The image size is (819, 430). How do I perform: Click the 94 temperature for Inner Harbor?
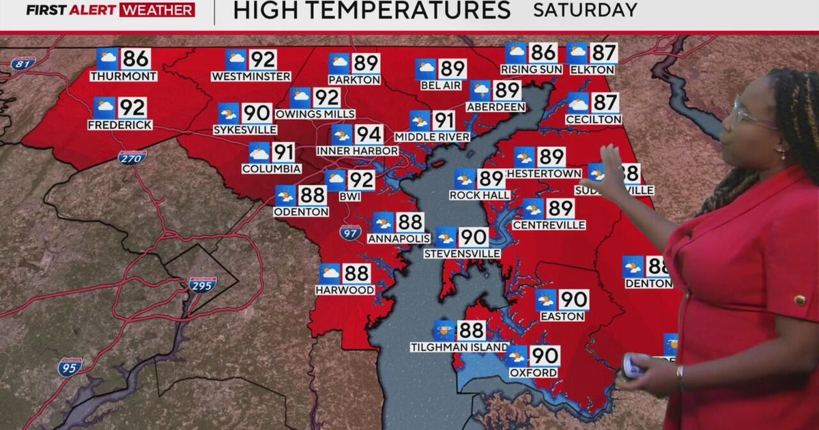(368, 134)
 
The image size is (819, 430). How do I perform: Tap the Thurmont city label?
(123, 76)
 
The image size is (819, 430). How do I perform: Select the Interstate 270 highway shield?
(132, 158)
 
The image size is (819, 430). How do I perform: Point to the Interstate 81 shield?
(23, 63)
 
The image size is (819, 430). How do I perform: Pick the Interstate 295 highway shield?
(203, 284)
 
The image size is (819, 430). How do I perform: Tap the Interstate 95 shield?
(70, 367)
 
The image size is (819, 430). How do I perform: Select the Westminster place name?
(251, 76)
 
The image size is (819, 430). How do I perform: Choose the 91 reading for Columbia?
(283, 152)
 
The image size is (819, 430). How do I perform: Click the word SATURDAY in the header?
(585, 11)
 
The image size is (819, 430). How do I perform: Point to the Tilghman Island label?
(459, 347)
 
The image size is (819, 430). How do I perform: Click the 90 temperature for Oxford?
(545, 356)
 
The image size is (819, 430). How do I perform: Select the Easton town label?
(562, 317)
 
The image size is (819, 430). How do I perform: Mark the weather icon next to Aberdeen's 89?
(480, 91)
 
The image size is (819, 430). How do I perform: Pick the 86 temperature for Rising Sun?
(543, 53)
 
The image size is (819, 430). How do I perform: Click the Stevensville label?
(462, 254)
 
